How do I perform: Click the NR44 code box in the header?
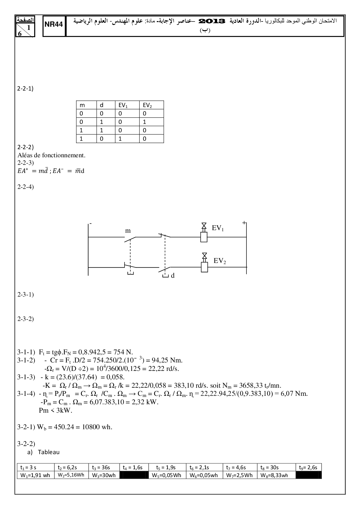coord(54,25)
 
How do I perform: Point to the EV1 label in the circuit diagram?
coord(218,228)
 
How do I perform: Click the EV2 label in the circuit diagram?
coord(219,261)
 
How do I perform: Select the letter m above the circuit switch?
coord(128,231)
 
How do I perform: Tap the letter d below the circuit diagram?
coord(173,276)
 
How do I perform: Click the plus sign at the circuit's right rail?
coord(244,223)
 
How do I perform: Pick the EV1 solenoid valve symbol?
coord(204,234)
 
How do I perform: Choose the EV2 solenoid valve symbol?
coord(204,264)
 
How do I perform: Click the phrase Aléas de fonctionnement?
coord(52,155)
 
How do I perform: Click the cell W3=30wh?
coord(104,475)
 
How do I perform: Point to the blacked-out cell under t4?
coord(134,475)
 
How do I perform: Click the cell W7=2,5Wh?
coord(240,475)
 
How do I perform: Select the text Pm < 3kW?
coord(55,411)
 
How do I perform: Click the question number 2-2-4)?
coord(26,187)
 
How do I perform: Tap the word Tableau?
coord(49,452)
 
